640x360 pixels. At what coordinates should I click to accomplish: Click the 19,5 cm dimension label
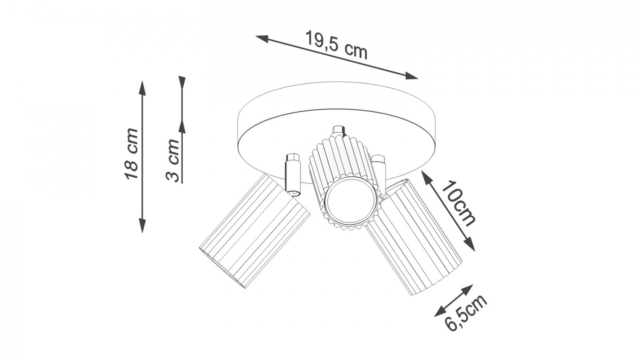tap(336, 45)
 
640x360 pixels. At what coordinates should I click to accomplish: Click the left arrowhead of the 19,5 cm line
tap(262, 39)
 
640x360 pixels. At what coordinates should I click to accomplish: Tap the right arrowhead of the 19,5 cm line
tap(411, 76)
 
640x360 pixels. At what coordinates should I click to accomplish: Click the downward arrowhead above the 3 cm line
tap(182, 84)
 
